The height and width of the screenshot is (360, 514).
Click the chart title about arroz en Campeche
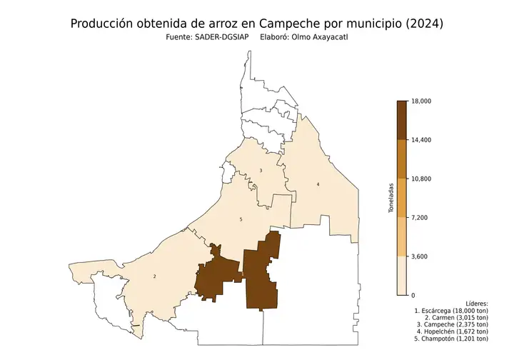[257, 24]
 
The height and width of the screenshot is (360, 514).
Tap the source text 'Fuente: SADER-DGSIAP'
[203, 38]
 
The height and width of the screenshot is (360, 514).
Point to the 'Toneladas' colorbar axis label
[390, 198]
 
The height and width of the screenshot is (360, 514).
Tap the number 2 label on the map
[154, 276]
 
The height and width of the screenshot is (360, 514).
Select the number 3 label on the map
[261, 170]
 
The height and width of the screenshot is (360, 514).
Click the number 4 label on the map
[318, 185]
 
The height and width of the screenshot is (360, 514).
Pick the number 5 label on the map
[241, 219]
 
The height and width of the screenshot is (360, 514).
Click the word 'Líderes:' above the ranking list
[476, 304]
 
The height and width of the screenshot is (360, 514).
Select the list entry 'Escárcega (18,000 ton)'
[451, 312]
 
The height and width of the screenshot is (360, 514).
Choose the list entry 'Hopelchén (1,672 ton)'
[451, 331]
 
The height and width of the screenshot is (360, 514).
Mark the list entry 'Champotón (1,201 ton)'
[451, 340]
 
